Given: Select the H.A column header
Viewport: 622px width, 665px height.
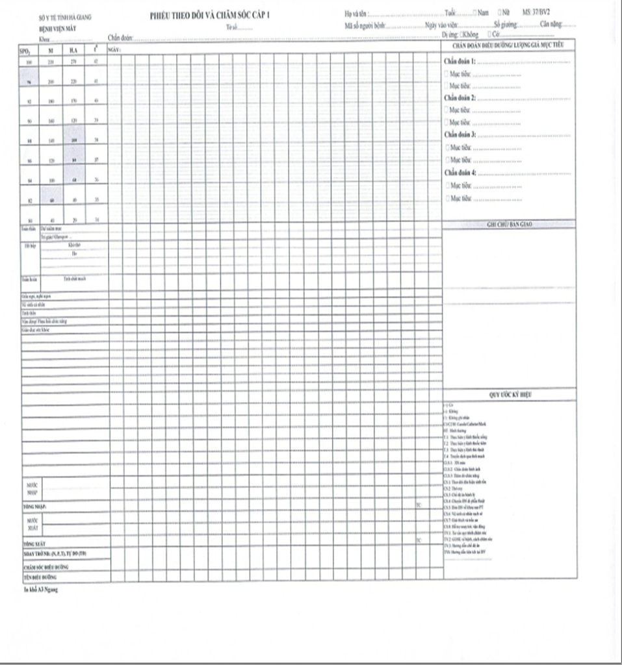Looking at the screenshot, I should click(73, 49).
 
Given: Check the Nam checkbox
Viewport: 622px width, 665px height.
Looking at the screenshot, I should click(476, 13).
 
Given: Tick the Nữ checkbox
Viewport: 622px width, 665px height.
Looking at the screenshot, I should click(499, 13).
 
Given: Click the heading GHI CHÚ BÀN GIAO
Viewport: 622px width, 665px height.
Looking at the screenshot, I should click(509, 224).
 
